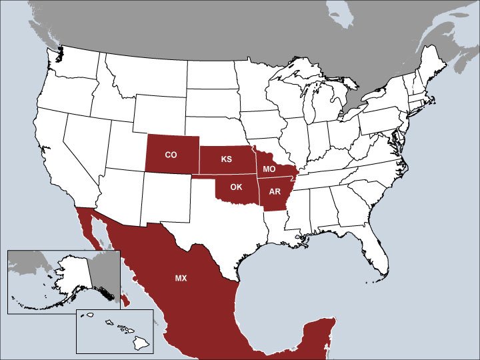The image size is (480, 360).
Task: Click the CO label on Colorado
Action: click(x=171, y=155)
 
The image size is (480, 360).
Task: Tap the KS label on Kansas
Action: click(x=227, y=161)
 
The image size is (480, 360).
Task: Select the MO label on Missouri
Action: click(x=269, y=170)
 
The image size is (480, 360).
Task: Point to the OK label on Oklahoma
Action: click(x=236, y=187)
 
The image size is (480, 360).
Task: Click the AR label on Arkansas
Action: click(x=275, y=192)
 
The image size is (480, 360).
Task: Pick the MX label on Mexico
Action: click(x=181, y=278)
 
